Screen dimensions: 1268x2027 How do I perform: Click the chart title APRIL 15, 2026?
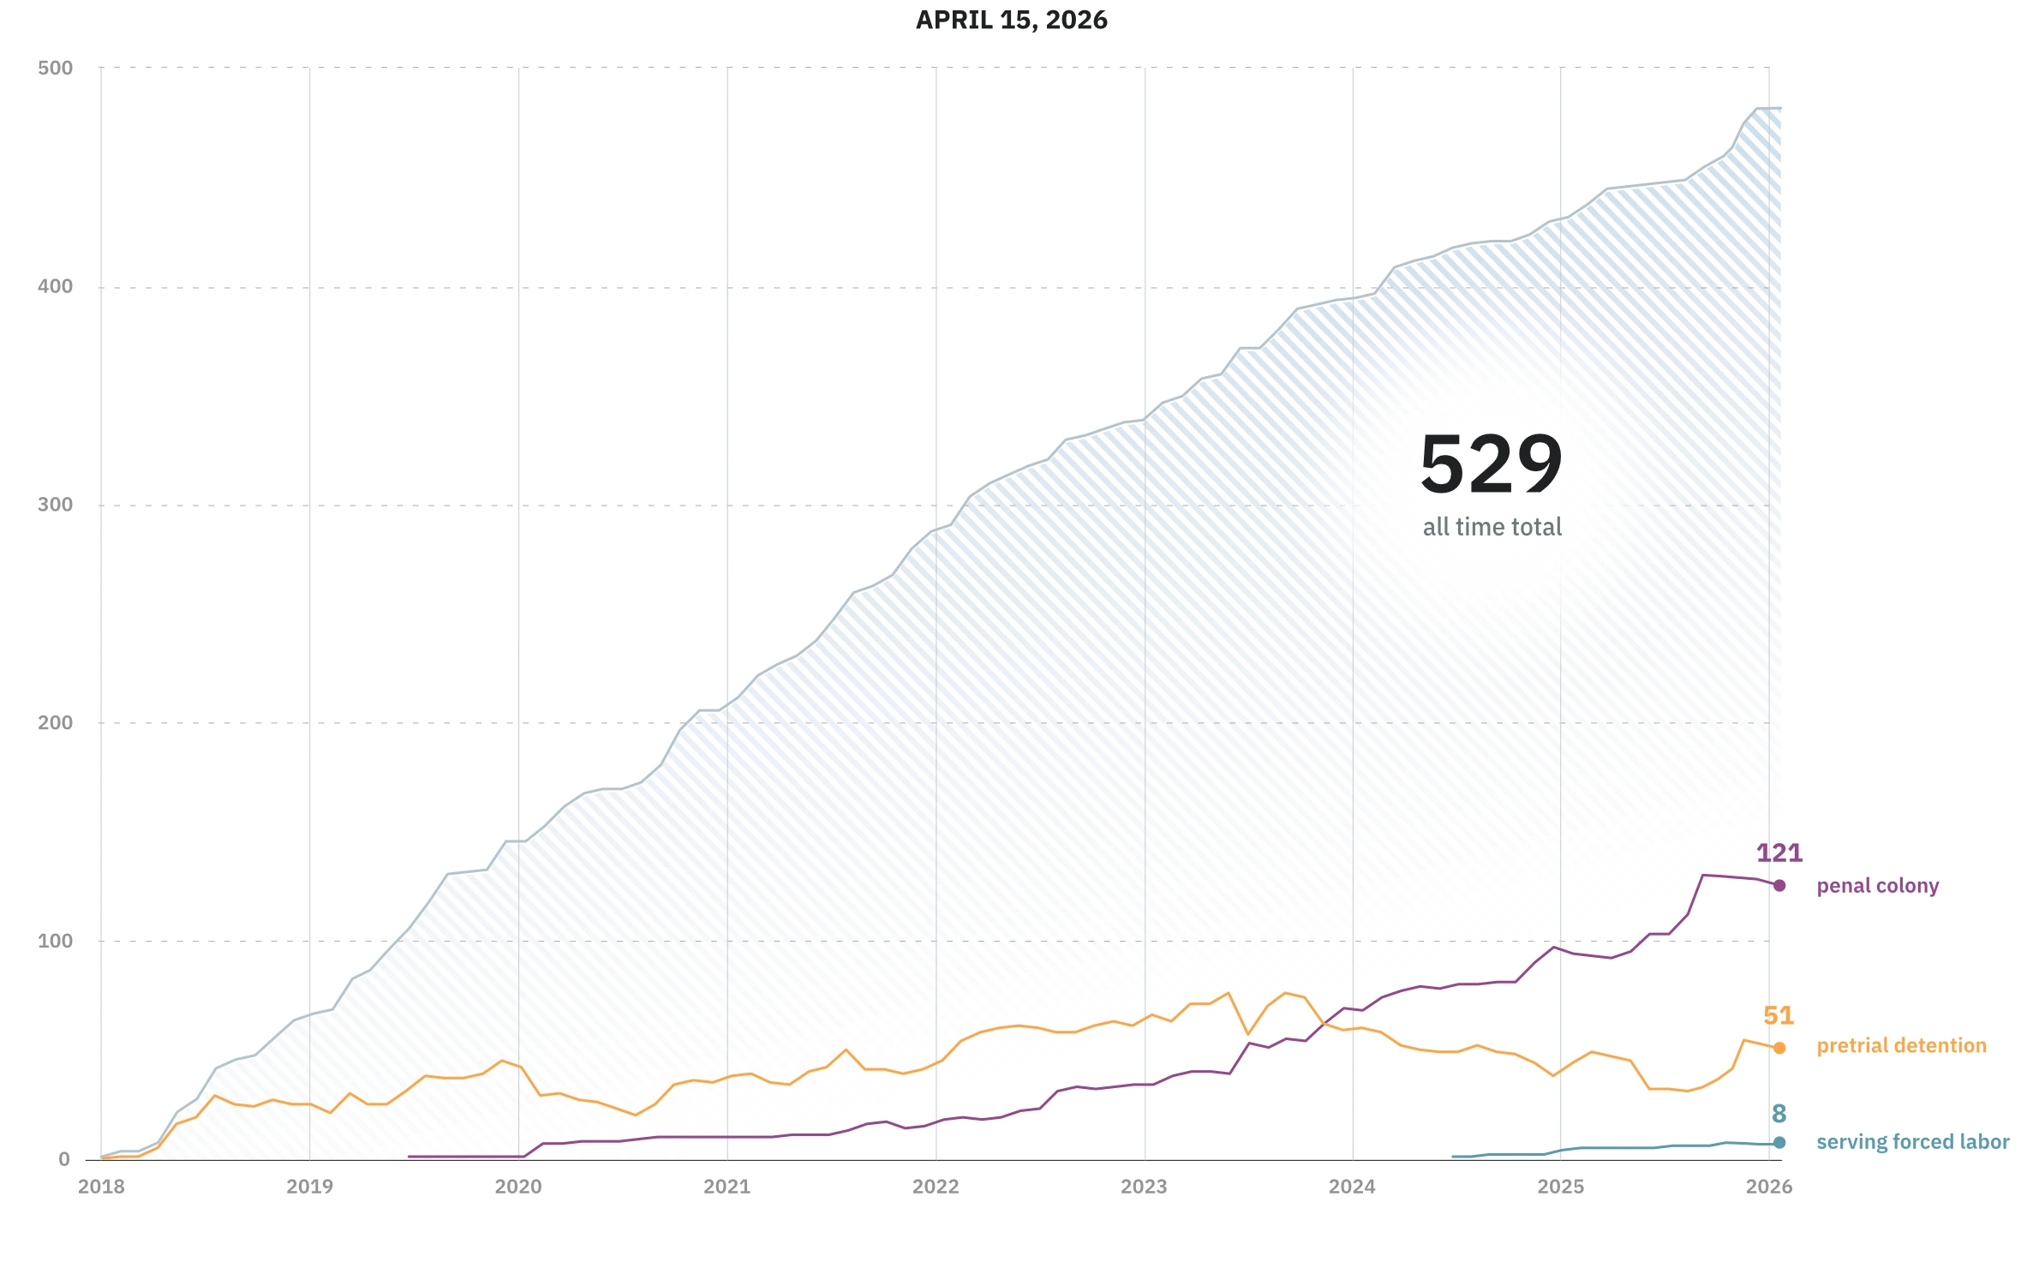pyautogui.click(x=1011, y=20)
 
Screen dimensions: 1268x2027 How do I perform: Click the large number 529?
pyautogui.click(x=1492, y=464)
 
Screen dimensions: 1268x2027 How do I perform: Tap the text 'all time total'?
pyautogui.click(x=1492, y=527)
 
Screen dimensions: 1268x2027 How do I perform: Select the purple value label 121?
pyautogui.click(x=1779, y=853)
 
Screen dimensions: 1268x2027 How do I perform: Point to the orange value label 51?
pyautogui.click(x=1778, y=1016)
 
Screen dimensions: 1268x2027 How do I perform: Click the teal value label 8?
pyautogui.click(x=1779, y=1114)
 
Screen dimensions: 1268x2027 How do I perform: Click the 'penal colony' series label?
pyautogui.click(x=1877, y=886)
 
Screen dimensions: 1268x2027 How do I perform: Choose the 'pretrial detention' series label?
pyautogui.click(x=1901, y=1046)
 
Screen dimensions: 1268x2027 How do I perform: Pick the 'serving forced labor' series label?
pyautogui.click(x=1912, y=1142)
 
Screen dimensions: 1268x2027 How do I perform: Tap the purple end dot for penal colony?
pyautogui.click(x=1779, y=886)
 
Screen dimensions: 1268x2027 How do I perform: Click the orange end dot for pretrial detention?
pyautogui.click(x=1779, y=1048)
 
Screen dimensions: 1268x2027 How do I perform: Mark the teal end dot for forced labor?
pyautogui.click(x=1779, y=1143)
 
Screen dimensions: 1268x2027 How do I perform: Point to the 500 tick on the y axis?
pyautogui.click(x=56, y=68)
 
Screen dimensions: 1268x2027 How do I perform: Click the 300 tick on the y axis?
pyautogui.click(x=56, y=505)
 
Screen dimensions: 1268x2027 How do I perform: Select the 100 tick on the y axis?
pyautogui.click(x=56, y=941)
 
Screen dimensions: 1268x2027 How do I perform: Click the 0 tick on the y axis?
pyautogui.click(x=64, y=1160)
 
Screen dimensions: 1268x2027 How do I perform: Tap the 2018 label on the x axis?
pyautogui.click(x=101, y=1187)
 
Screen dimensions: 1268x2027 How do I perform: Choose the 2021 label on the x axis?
pyautogui.click(x=726, y=1187)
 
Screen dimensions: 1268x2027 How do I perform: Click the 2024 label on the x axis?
pyautogui.click(x=1352, y=1187)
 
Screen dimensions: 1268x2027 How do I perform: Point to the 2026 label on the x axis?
pyautogui.click(x=1768, y=1187)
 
